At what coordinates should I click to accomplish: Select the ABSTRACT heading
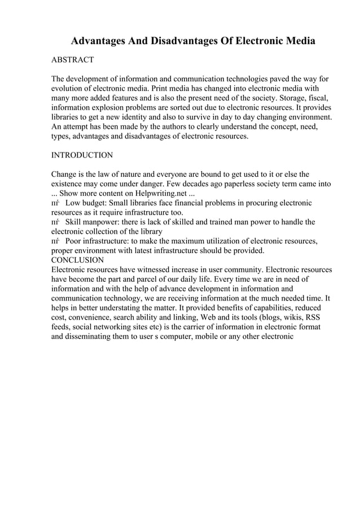click(72, 60)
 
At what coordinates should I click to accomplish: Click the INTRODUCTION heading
click(82, 155)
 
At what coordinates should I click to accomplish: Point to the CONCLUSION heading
click(77, 260)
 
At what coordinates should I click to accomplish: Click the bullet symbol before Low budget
click(55, 203)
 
